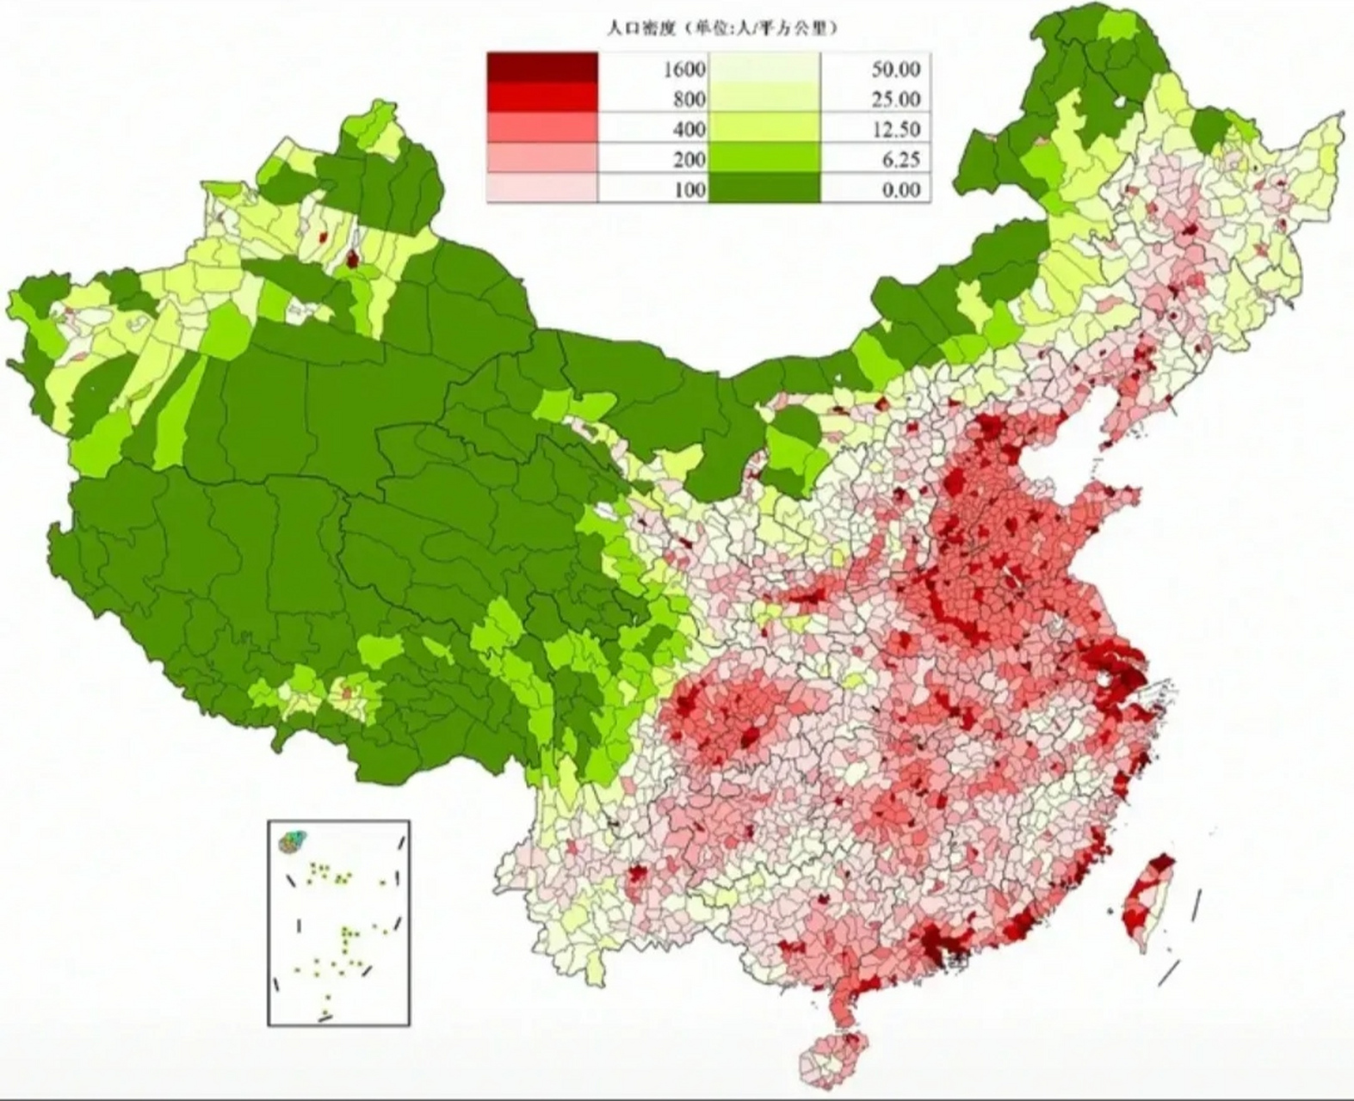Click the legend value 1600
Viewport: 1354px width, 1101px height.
pyautogui.click(x=684, y=69)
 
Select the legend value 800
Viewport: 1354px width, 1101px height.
pyautogui.click(x=689, y=99)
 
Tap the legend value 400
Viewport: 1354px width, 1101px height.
pyautogui.click(x=689, y=129)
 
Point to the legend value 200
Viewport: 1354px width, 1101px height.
pyautogui.click(x=689, y=159)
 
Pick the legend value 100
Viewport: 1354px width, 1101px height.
pyautogui.click(x=689, y=189)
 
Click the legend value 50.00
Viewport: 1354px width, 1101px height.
pyautogui.click(x=895, y=69)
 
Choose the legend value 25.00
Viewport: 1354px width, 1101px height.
pyautogui.click(x=895, y=99)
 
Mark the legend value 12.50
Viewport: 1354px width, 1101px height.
pyautogui.click(x=895, y=129)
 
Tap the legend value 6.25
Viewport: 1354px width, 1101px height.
pyautogui.click(x=900, y=159)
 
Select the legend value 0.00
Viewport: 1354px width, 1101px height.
pyautogui.click(x=900, y=189)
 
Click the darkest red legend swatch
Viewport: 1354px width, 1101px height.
pyautogui.click(x=542, y=67)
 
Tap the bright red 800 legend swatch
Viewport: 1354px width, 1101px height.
pyautogui.click(x=542, y=98)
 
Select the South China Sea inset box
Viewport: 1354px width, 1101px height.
pyautogui.click(x=338, y=922)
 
